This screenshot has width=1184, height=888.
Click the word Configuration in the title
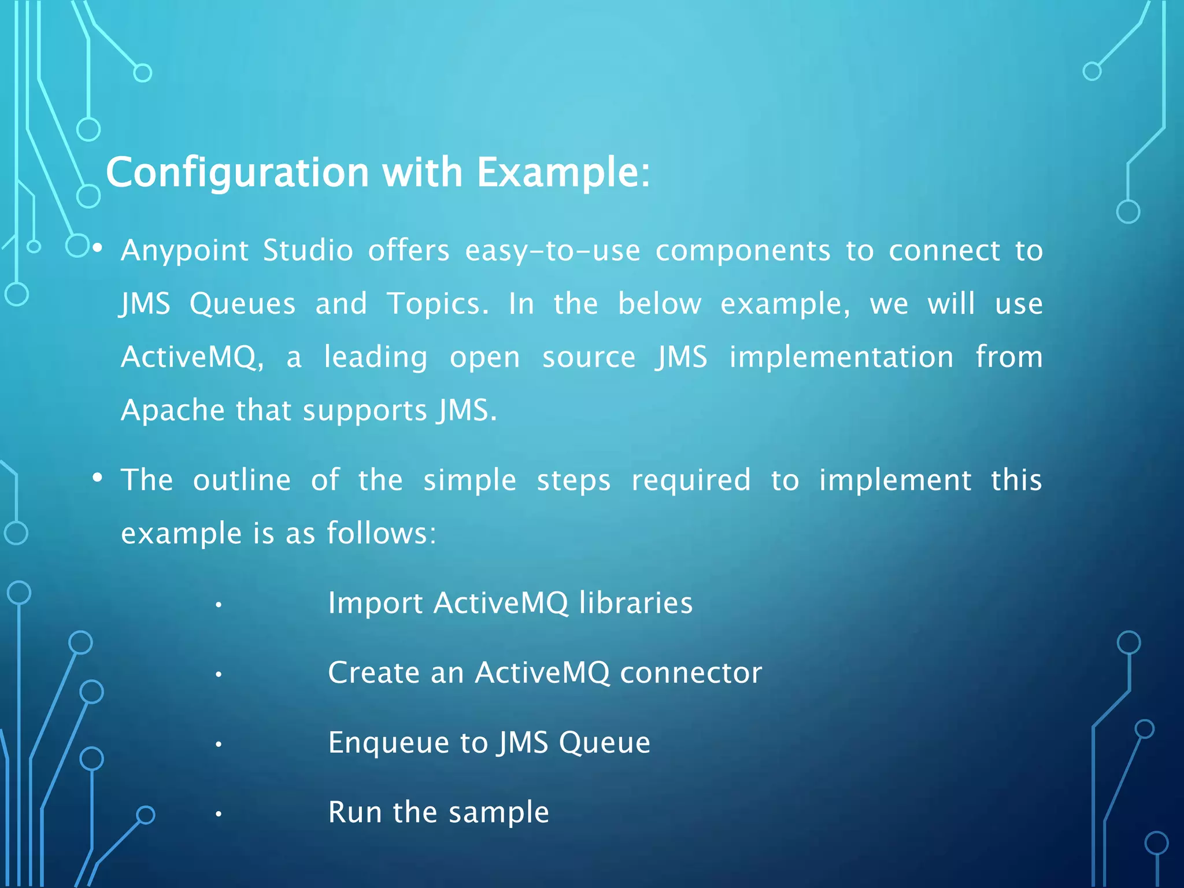(237, 172)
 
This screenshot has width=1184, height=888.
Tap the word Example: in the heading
(563, 172)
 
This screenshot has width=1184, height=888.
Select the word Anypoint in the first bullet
(184, 251)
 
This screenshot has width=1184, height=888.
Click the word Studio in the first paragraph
(308, 251)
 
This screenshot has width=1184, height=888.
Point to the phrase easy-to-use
(552, 251)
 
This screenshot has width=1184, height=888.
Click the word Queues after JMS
(242, 304)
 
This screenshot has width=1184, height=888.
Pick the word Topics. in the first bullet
(438, 304)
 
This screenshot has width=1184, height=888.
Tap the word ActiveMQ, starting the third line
(193, 357)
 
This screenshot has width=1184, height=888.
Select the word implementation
(841, 357)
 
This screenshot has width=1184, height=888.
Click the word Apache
(172, 410)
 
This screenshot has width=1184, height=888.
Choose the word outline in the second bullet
(242, 480)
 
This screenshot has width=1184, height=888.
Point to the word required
(691, 480)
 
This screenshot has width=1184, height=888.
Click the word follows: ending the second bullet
(381, 533)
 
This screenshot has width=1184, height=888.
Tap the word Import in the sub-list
(375, 603)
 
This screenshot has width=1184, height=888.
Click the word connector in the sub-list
(691, 673)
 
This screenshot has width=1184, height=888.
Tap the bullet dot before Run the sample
(219, 815)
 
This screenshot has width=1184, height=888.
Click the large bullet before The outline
(97, 478)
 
